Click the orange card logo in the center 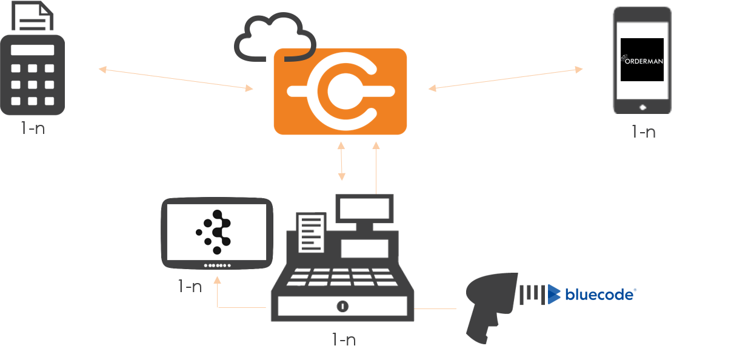click(339, 91)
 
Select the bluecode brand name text click(599, 295)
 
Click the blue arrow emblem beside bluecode click(553, 294)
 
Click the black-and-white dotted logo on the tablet click(218, 232)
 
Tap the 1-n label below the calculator click(32, 128)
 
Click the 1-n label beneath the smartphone click(643, 132)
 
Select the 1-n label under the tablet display click(190, 286)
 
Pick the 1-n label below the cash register click(343, 339)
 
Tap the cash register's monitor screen click(365, 209)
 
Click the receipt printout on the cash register click(311, 232)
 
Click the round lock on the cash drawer click(343, 306)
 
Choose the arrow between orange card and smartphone click(505, 79)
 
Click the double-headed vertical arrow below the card click(341, 161)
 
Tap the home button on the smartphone click(643, 107)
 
